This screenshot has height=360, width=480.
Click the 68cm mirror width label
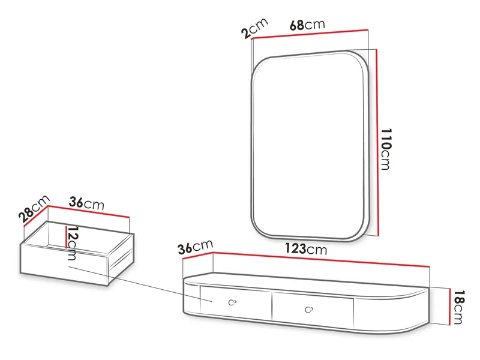307,25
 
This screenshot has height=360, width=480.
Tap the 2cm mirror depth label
254,28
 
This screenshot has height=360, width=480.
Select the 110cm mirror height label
386,149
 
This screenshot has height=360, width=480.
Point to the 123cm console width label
306,249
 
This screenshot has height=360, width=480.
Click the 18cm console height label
458,307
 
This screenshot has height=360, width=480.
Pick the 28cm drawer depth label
34,208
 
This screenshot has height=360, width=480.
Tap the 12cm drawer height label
72,243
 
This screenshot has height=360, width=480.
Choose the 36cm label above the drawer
86,203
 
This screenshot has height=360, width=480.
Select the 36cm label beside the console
196,247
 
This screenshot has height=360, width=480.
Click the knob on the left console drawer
232,302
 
